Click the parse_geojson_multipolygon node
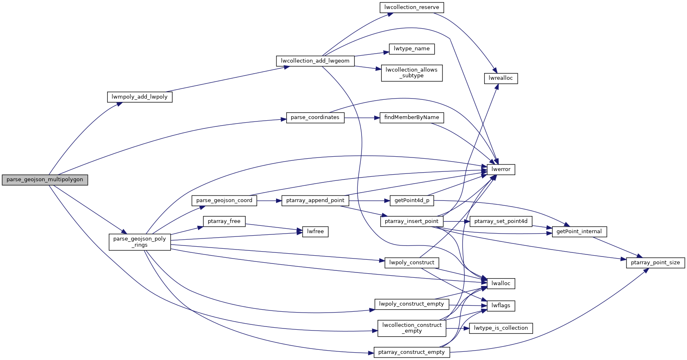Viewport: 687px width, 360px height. pyautogui.click(x=45, y=180)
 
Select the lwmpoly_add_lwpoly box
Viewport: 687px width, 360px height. pyautogui.click(x=139, y=97)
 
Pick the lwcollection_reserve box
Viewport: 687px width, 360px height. pyautogui.click(x=411, y=7)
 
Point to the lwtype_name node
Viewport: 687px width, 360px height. pyautogui.click(x=411, y=49)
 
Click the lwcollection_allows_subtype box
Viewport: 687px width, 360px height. pyautogui.click(x=411, y=73)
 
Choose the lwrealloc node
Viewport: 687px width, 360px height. pyautogui.click(x=501, y=78)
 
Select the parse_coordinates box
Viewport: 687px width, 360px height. pyautogui.click(x=315, y=117)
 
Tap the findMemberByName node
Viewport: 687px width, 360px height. pyautogui.click(x=411, y=117)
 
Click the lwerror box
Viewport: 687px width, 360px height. pyautogui.click(x=501, y=169)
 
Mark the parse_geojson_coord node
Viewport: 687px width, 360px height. pyautogui.click(x=224, y=200)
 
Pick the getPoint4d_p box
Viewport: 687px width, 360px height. pyautogui.click(x=411, y=200)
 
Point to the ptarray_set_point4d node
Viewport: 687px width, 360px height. pyautogui.click(x=501, y=221)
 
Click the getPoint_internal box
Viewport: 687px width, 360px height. pyautogui.click(x=579, y=232)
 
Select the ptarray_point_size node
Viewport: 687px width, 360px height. pyautogui.click(x=655, y=263)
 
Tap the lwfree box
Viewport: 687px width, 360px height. pyautogui.click(x=315, y=232)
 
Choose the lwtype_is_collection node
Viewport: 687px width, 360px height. pyautogui.click(x=501, y=328)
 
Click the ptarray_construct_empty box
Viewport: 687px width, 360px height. pyautogui.click(x=411, y=352)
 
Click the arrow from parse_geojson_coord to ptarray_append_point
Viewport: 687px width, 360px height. pyautogui.click(x=269, y=201)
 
